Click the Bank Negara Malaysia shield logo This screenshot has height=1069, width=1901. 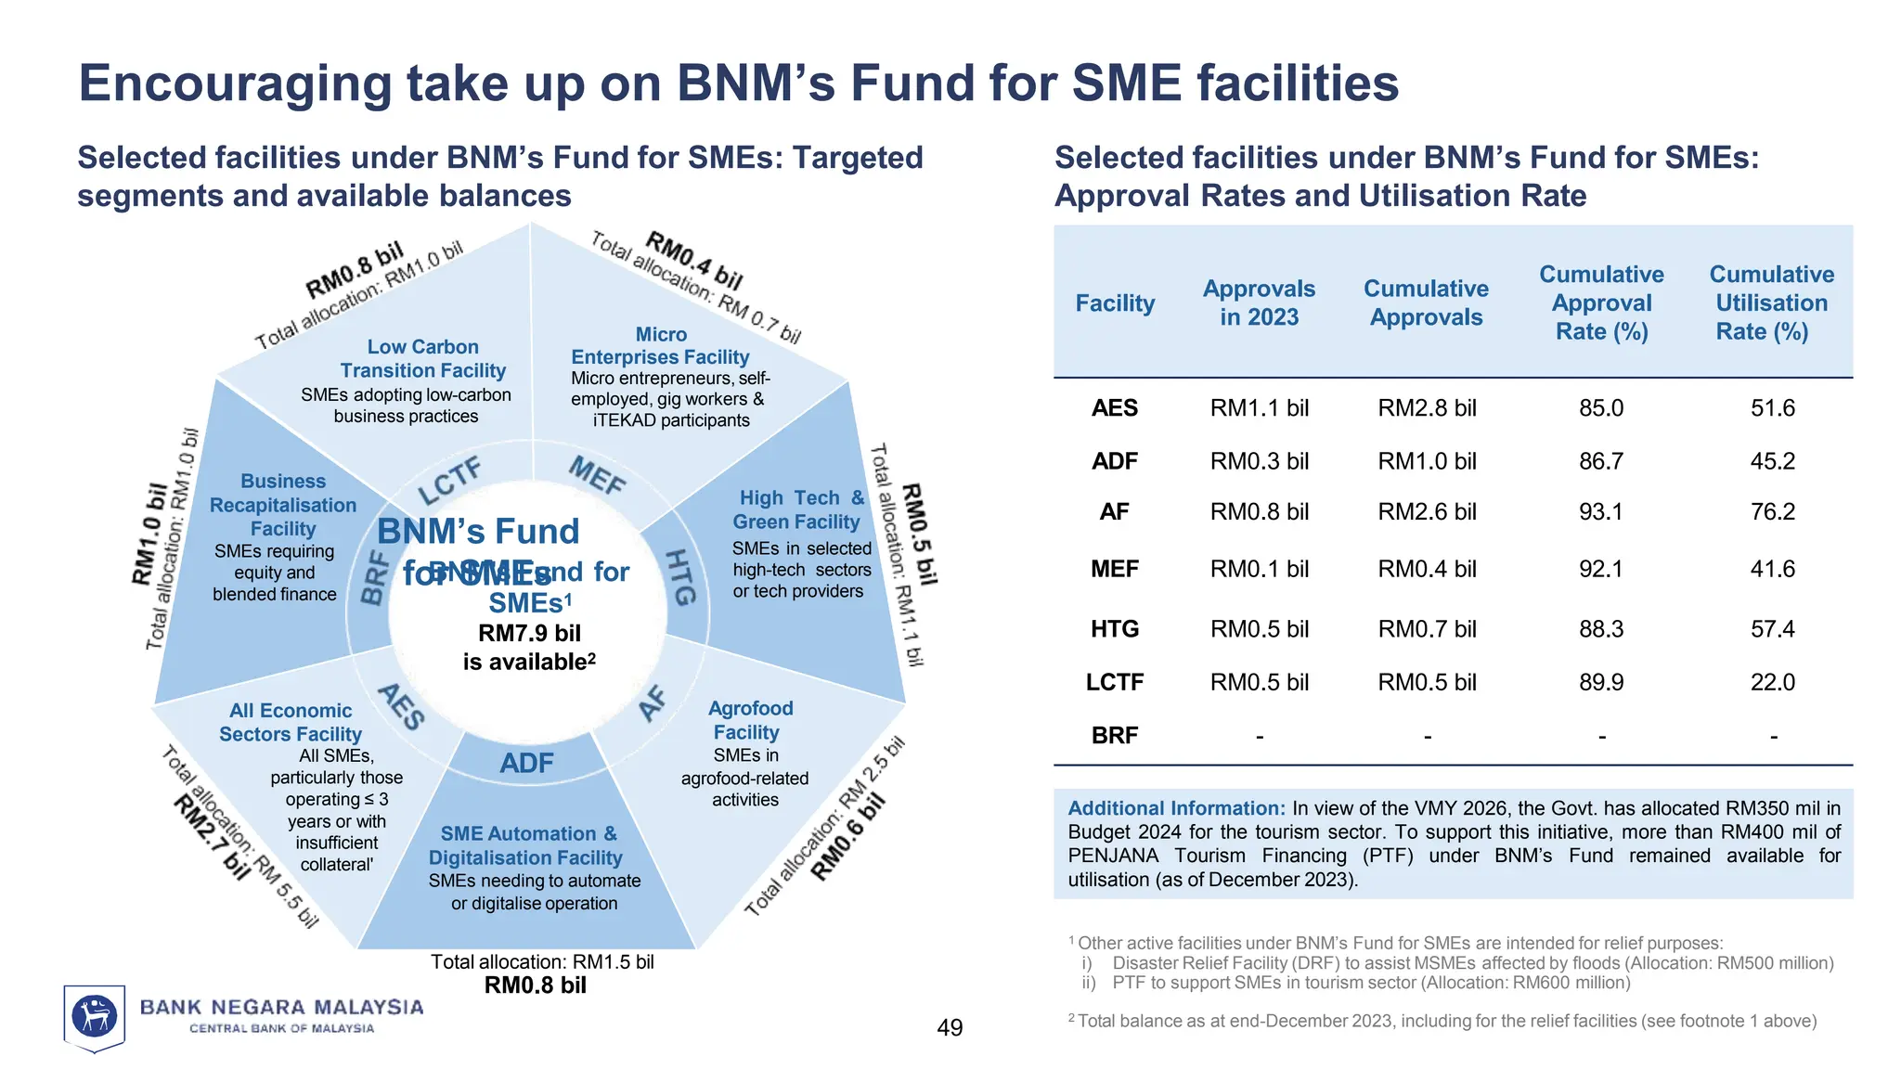pos(94,1017)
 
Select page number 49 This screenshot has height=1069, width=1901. pos(950,1027)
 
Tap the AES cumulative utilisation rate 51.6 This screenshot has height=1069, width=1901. pos(1772,408)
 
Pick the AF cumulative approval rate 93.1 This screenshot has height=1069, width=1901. pos(1601,511)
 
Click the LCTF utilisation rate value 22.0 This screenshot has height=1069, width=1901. pos(1772,682)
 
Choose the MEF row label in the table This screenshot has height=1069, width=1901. pos(1114,569)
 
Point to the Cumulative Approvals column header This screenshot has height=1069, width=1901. pos(1426,303)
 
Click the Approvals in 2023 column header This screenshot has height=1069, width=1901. pos(1259,303)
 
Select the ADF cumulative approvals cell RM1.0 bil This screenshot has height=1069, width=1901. pos(1426,461)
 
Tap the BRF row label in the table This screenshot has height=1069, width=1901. pos(1114,735)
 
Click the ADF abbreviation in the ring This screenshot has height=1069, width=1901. pos(526,763)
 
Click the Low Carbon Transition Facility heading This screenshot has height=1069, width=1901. pos(422,358)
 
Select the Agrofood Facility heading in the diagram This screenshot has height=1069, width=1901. pos(750,720)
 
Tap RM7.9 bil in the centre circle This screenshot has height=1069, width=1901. pos(529,633)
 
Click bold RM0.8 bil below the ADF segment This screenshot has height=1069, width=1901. pos(535,985)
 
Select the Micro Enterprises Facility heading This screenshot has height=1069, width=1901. pos(660,345)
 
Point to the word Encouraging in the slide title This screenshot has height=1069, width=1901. pos(235,83)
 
